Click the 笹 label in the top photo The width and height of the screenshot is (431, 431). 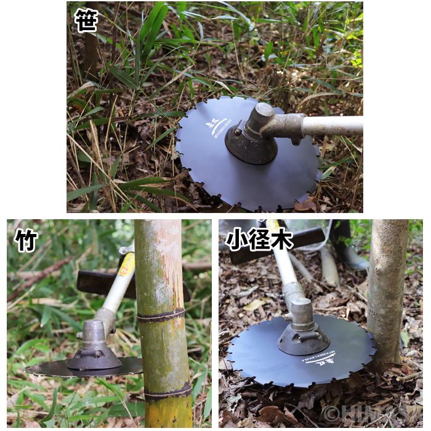tap(86, 20)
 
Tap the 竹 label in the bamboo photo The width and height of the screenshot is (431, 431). tap(26, 240)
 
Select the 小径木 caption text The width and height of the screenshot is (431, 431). tap(259, 240)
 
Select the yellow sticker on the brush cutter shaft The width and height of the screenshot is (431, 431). tap(127, 264)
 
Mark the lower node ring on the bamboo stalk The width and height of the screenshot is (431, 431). tap(167, 392)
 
